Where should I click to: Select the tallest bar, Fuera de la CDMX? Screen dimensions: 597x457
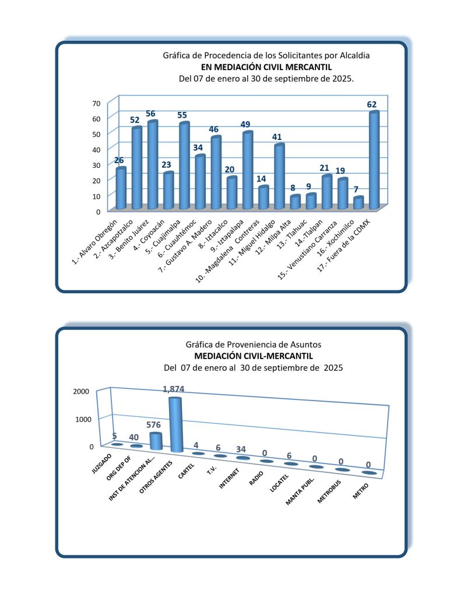click(x=374, y=160)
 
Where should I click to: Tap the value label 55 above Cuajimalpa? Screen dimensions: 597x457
click(x=183, y=115)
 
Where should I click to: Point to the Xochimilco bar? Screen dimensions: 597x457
click(x=358, y=202)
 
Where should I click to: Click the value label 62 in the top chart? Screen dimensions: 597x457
click(x=371, y=104)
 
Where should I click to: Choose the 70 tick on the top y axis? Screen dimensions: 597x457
click(x=96, y=103)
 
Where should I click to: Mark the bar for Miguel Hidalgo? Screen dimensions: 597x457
click(x=279, y=176)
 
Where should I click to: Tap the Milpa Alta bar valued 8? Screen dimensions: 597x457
click(x=295, y=202)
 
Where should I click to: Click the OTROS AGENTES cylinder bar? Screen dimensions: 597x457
click(x=175, y=424)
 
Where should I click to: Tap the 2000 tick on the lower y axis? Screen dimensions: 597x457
click(x=81, y=391)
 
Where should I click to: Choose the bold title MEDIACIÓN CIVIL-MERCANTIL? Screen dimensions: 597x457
click(x=254, y=356)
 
